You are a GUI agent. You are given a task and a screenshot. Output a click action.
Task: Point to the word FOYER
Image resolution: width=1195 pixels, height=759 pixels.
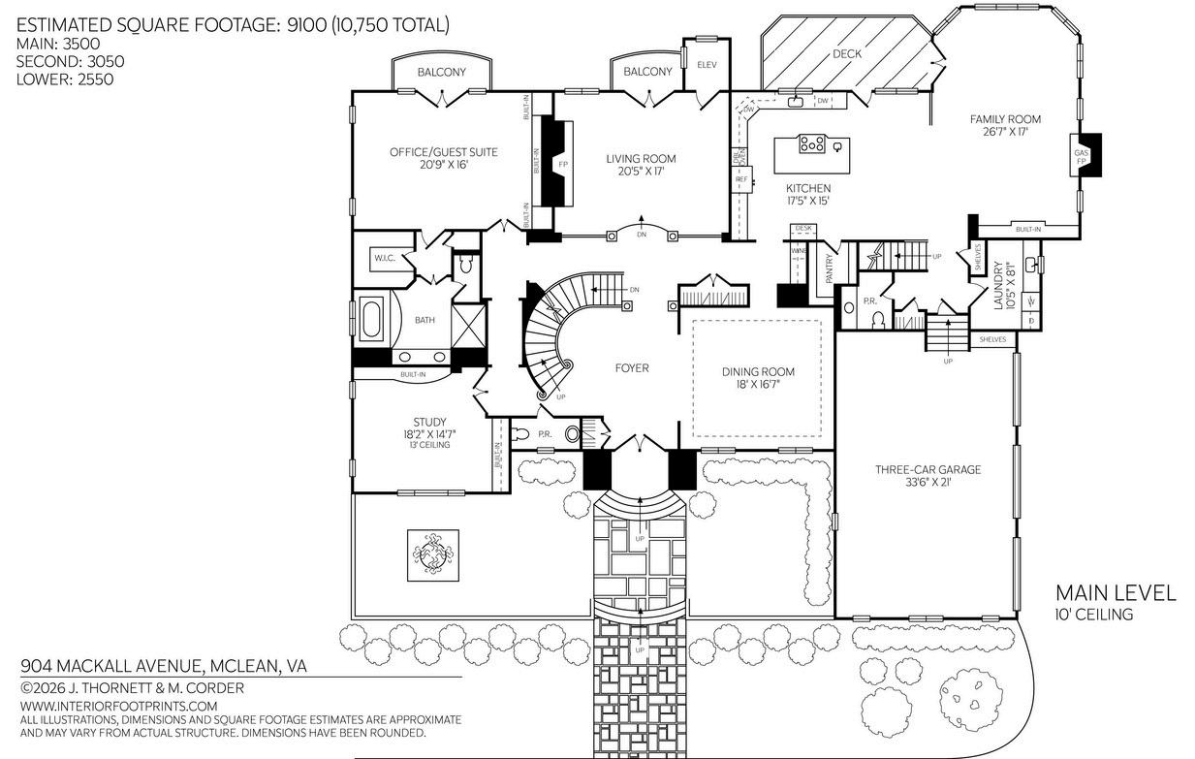coord(632,368)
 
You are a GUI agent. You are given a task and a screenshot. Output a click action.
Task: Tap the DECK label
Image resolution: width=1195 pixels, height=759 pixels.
coord(847,54)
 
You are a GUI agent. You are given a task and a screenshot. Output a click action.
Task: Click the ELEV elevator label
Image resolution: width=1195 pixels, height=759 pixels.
coord(706,64)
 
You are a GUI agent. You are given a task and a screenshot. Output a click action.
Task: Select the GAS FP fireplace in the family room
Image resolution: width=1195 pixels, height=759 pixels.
coord(1082,157)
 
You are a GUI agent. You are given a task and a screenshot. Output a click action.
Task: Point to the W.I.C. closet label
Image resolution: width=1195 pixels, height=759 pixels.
coord(384,259)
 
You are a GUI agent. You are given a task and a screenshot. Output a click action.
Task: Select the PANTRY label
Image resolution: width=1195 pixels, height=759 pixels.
coord(830,269)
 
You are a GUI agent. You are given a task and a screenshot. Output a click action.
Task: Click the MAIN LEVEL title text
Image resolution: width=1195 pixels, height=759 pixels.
coord(1115,592)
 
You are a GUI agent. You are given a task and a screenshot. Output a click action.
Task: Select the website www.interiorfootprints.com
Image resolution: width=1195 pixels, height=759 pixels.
coord(118,706)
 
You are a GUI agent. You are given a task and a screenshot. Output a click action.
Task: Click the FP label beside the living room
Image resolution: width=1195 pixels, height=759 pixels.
coord(563,165)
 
